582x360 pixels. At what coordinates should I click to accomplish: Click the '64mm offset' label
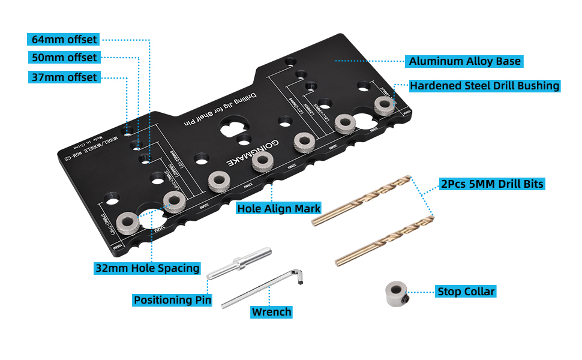(63, 40)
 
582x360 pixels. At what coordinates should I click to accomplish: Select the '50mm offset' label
(63, 58)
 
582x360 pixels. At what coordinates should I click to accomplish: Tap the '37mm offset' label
(63, 77)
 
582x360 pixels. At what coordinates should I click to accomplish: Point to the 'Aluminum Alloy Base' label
(464, 61)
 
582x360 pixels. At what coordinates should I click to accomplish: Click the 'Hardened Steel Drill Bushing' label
(484, 86)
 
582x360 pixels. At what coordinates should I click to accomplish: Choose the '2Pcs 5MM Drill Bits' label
(491, 184)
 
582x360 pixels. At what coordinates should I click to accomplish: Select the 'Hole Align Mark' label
(278, 209)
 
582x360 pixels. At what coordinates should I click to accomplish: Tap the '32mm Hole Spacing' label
(147, 268)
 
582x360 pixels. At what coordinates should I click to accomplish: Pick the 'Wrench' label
(271, 312)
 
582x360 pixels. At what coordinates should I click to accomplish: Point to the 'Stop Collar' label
(466, 292)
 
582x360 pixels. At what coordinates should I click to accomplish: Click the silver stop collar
(396, 293)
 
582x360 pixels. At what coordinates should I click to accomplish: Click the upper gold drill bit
(361, 200)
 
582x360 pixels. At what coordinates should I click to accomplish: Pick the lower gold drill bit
(384, 238)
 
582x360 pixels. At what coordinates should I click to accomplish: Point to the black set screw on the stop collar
(406, 298)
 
